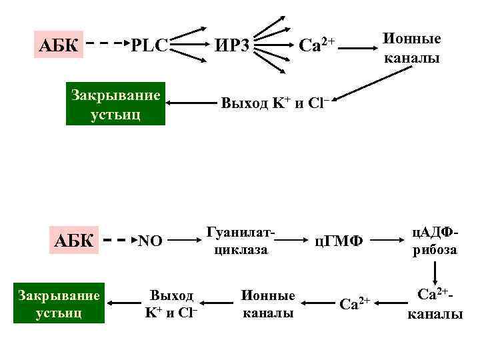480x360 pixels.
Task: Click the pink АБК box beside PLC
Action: coord(59,46)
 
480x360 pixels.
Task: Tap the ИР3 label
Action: coord(233,46)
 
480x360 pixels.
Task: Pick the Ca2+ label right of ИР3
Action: coord(316,45)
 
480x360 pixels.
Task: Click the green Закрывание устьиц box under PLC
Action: coord(115,104)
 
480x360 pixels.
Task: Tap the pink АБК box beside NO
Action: coord(73,240)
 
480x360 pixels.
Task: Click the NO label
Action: coord(149,241)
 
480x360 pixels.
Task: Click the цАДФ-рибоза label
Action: coord(435,240)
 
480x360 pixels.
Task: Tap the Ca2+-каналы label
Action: coord(435,303)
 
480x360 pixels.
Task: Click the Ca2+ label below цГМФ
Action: coord(355,305)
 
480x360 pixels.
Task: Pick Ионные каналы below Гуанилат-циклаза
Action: coord(267,304)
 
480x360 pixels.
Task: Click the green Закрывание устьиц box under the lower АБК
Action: coord(59,303)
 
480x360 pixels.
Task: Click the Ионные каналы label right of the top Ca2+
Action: coord(411,48)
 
